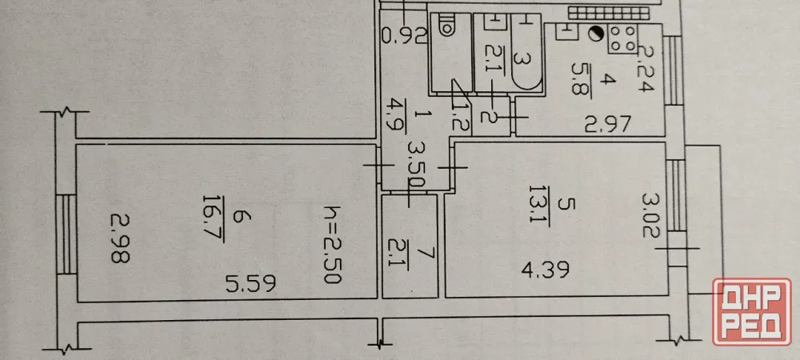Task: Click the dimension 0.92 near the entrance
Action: pos(403,36)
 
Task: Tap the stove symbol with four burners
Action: pos(622,38)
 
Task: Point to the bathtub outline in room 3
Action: pos(525,53)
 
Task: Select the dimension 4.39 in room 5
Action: pos(546,270)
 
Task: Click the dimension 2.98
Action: pos(121,238)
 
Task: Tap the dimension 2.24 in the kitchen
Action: pos(646,69)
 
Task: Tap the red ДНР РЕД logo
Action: pos(752,311)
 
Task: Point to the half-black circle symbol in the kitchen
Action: pos(595,34)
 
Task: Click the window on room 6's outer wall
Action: pos(66,234)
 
